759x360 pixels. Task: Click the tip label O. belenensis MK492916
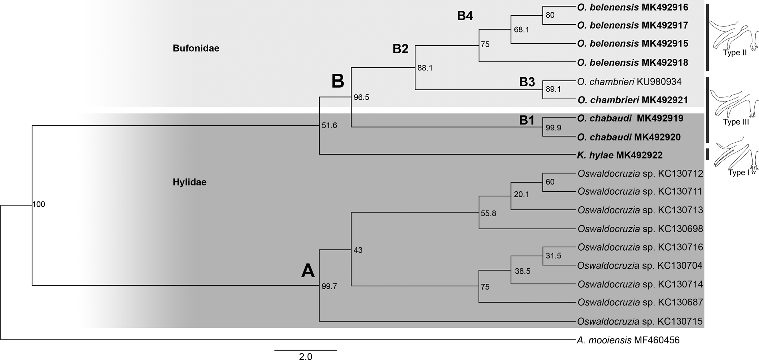coord(633,7)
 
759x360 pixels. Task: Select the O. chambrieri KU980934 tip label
coord(629,82)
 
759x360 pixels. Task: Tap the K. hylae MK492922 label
coord(620,155)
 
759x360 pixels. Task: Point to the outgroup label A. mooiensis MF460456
coord(628,340)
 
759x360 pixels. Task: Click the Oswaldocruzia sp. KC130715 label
coord(640,321)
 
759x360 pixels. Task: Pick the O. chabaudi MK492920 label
coord(629,137)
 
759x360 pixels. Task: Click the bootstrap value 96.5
coord(361,97)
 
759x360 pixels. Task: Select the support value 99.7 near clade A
coord(329,287)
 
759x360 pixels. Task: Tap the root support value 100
coord(39,205)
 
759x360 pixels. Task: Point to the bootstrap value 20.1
coord(521,195)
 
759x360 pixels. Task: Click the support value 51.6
coord(329,126)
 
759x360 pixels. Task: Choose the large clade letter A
coord(308,271)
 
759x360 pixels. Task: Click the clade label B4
coord(465,16)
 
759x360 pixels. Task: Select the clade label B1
coord(527,121)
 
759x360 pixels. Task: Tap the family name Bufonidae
coord(196,48)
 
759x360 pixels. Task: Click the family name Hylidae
coord(189,182)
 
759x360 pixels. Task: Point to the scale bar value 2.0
coord(305,356)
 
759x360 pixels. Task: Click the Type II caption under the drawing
coord(734,53)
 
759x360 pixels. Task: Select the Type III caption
coord(736,122)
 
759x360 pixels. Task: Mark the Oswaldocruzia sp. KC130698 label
coord(640,229)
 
